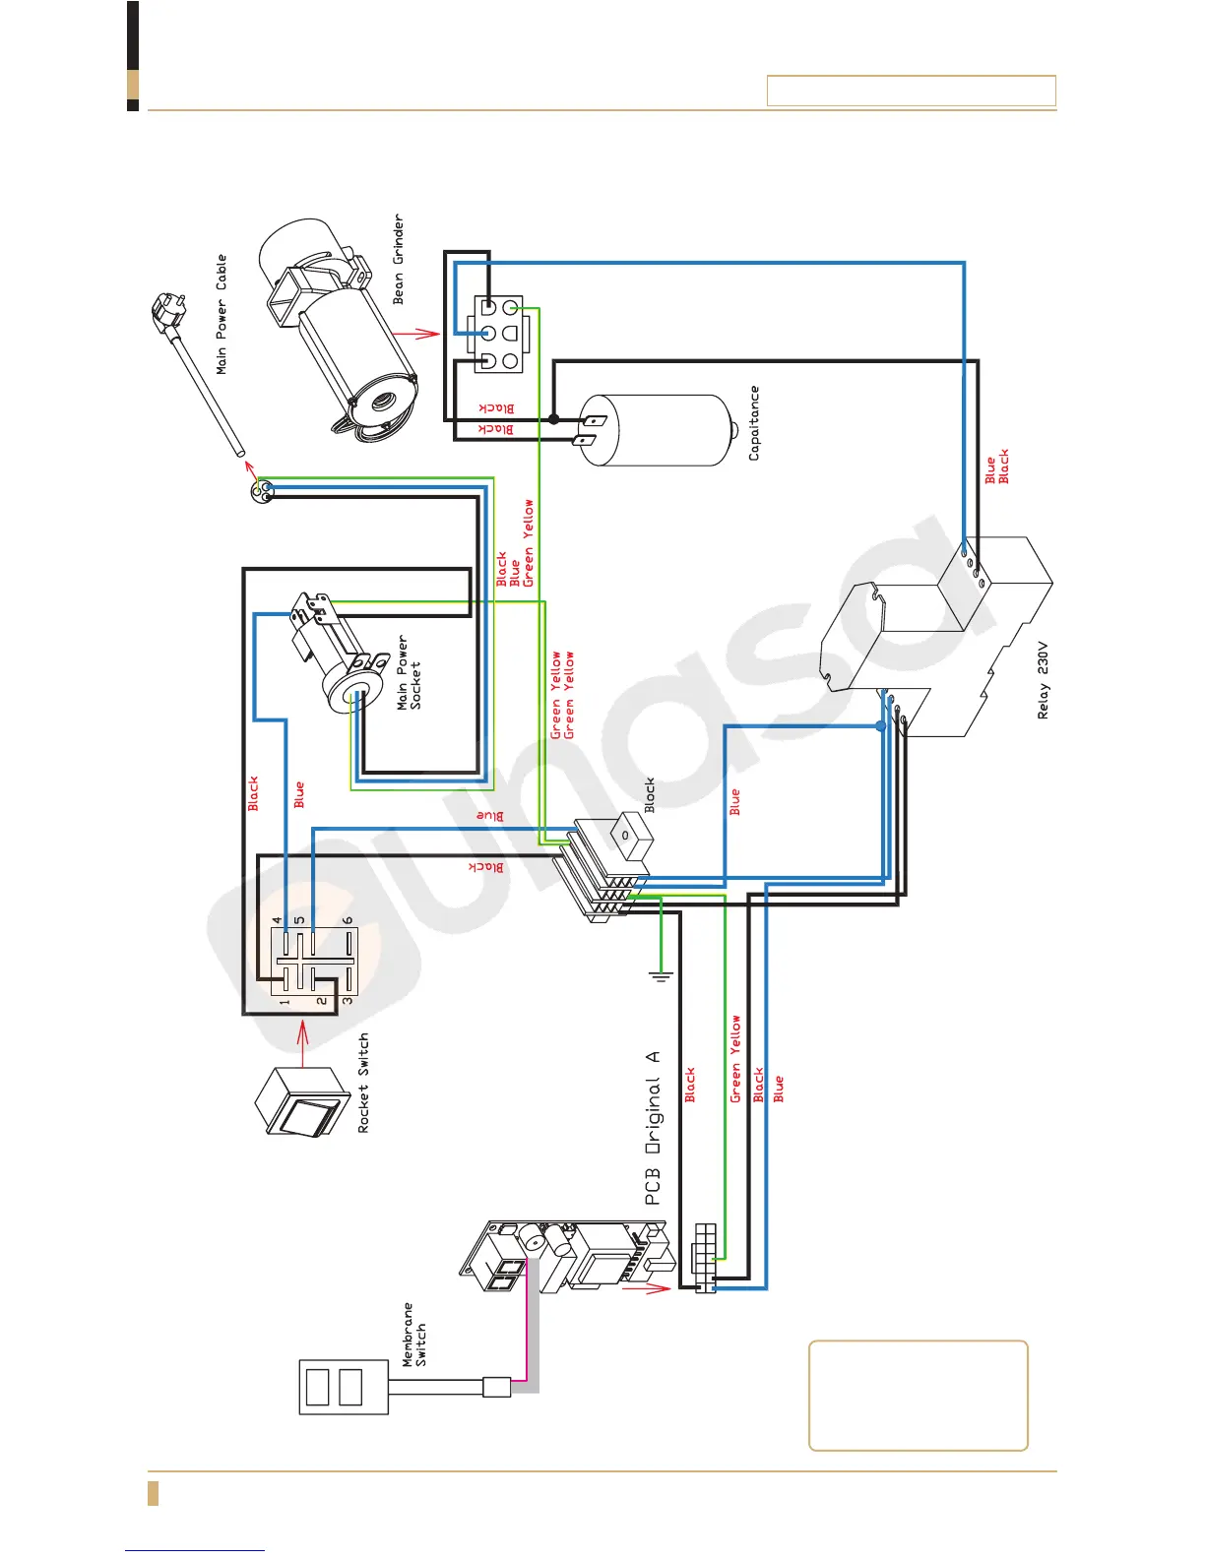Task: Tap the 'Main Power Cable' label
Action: point(222,314)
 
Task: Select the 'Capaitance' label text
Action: point(754,423)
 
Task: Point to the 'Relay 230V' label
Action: point(1044,681)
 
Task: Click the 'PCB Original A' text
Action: point(653,1128)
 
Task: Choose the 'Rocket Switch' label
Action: point(363,1083)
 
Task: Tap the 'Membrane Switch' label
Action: point(414,1335)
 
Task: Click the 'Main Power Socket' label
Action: point(409,673)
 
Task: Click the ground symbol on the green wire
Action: point(661,975)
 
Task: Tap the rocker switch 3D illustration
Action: point(301,1102)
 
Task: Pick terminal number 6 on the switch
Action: point(348,921)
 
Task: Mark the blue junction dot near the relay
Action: point(881,726)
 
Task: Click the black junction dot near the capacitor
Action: point(553,418)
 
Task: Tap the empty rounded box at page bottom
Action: point(918,1395)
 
